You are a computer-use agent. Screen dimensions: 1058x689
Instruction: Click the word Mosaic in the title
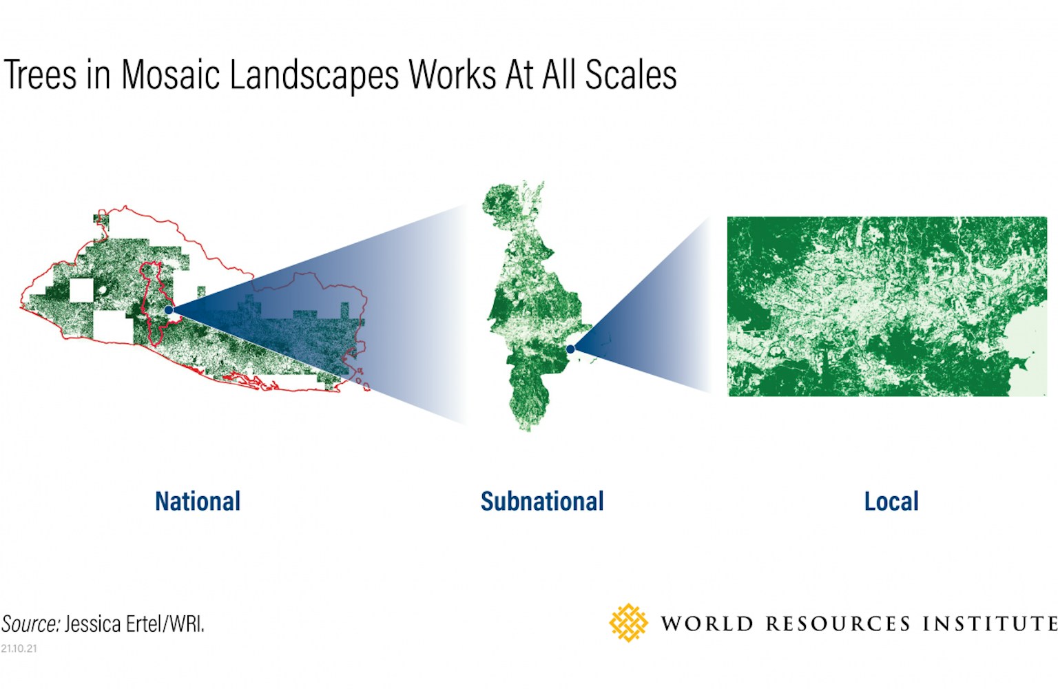pyautogui.click(x=171, y=74)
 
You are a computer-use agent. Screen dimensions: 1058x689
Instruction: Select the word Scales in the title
pyautogui.click(x=631, y=74)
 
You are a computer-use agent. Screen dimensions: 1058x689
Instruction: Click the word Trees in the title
pyautogui.click(x=40, y=74)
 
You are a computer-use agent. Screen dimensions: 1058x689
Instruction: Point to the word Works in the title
pyautogui.click(x=453, y=74)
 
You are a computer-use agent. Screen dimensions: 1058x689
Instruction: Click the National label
pyautogui.click(x=198, y=502)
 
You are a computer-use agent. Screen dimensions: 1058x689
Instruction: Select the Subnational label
pyautogui.click(x=542, y=502)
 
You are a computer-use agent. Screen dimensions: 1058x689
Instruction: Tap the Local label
pyautogui.click(x=891, y=502)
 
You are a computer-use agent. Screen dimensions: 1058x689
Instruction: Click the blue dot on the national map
pyautogui.click(x=169, y=310)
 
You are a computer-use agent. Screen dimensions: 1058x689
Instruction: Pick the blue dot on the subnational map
pyautogui.click(x=570, y=349)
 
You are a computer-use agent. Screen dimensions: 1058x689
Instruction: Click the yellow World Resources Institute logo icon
pyautogui.click(x=628, y=623)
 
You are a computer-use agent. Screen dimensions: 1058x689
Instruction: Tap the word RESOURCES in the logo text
pyautogui.click(x=838, y=624)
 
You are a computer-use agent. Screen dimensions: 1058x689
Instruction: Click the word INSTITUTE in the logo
pyautogui.click(x=990, y=624)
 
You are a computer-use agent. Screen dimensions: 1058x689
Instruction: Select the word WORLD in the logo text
pyautogui.click(x=707, y=624)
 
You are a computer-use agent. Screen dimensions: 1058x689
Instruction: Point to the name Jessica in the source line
pyautogui.click(x=92, y=624)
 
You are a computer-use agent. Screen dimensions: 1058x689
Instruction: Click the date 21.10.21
pyautogui.click(x=19, y=648)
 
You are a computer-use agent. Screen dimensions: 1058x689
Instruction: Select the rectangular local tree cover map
pyautogui.click(x=887, y=306)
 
